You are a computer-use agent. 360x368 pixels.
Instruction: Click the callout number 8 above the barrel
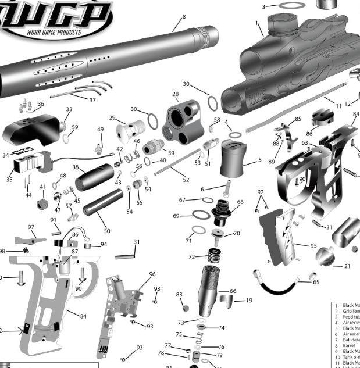[x=184, y=17]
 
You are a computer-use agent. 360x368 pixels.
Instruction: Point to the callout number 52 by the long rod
[x=186, y=180]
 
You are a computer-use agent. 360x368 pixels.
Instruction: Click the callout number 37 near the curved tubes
[x=92, y=99]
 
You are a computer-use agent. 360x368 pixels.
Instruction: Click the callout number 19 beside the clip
[x=249, y=301]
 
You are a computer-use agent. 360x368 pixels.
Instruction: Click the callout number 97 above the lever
[x=31, y=227]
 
